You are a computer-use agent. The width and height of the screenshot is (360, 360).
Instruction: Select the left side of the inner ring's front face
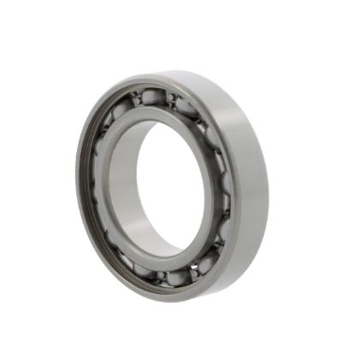tap(110, 184)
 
